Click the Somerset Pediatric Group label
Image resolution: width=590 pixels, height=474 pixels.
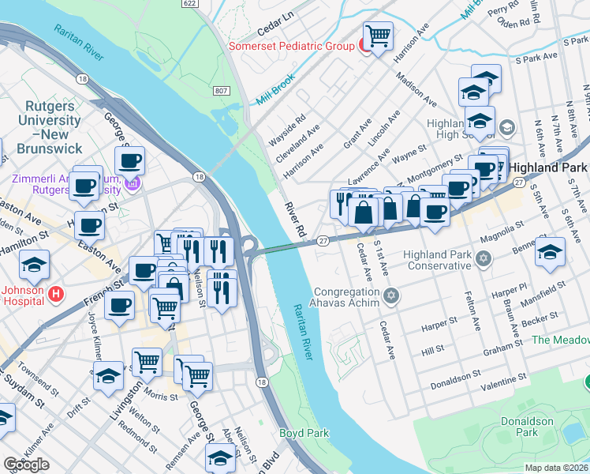click(x=291, y=46)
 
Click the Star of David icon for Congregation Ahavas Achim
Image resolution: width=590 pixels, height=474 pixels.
click(x=392, y=297)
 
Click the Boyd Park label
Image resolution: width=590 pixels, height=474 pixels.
click(x=304, y=434)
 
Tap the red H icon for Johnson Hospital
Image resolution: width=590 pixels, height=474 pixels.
click(x=56, y=294)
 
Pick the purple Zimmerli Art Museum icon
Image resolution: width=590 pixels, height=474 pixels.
click(x=133, y=185)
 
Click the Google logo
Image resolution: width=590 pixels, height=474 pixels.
click(x=26, y=465)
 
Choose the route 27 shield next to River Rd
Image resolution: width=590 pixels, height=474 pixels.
click(x=323, y=240)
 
